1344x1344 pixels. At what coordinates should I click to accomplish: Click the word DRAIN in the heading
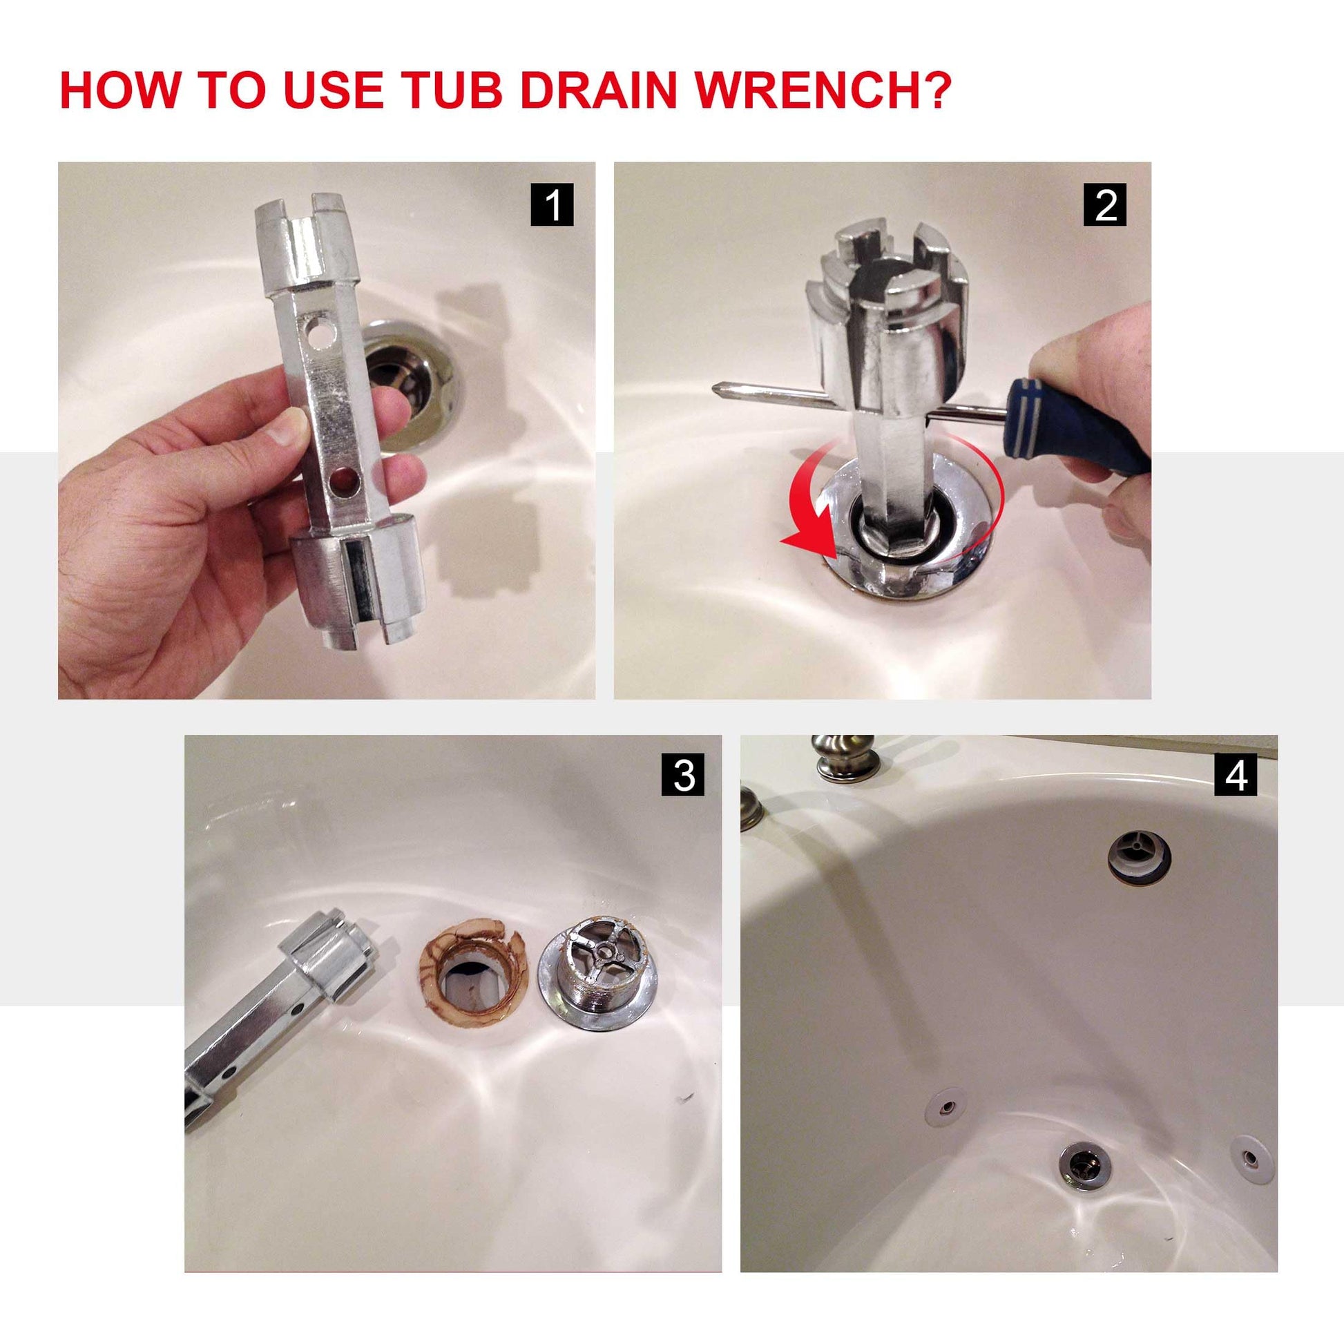tap(598, 90)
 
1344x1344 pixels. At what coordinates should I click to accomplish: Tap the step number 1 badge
tap(552, 204)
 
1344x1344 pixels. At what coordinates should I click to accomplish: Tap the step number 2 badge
tap(1106, 204)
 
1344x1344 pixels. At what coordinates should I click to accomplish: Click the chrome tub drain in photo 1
tap(410, 379)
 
